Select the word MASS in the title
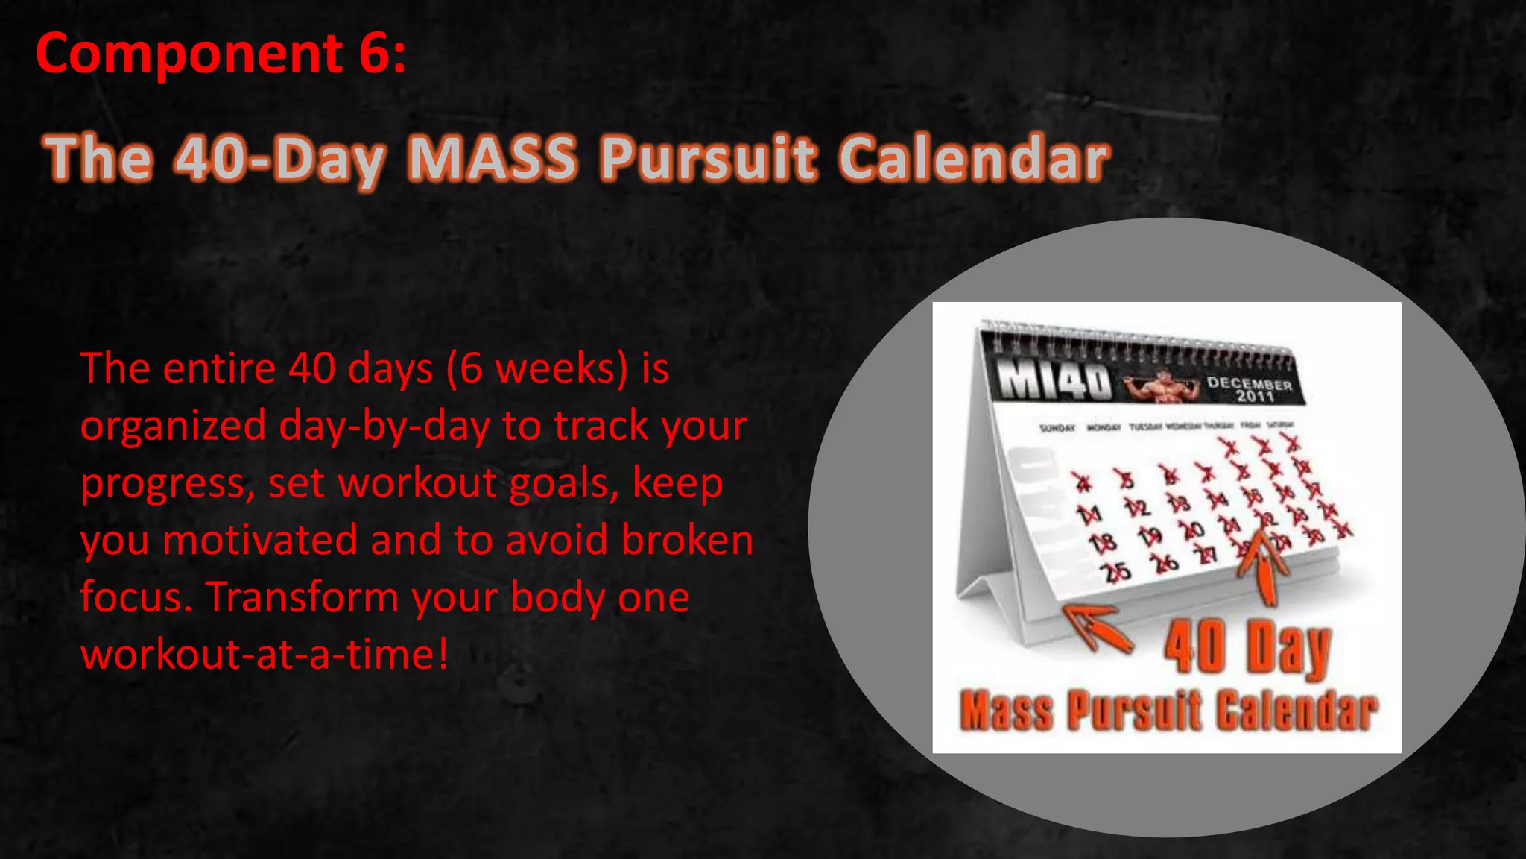[493, 158]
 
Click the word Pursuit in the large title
[708, 158]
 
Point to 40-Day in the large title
[280, 158]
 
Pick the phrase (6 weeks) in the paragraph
[537, 368]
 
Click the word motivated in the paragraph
[259, 540]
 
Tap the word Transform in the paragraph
[302, 597]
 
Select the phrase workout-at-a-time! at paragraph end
[265, 655]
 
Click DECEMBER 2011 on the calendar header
[1249, 389]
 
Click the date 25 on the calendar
[1118, 572]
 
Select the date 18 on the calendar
[1103, 543]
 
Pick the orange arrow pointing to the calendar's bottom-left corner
[1095, 626]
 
